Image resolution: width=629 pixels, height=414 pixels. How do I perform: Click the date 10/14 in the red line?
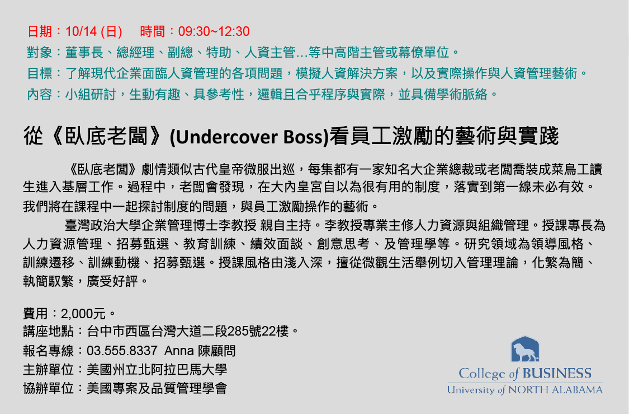[x=81, y=31]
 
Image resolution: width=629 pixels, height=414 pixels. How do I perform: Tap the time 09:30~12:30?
[x=214, y=31]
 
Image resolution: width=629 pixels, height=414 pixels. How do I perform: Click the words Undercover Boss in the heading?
[x=249, y=137]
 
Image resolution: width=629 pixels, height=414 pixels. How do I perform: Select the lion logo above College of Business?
[x=525, y=349]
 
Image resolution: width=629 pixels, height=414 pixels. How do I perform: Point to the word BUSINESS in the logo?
[x=557, y=374]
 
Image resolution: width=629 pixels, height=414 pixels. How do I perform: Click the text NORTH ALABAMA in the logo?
[x=555, y=390]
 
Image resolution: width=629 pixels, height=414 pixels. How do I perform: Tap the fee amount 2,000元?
[x=83, y=314]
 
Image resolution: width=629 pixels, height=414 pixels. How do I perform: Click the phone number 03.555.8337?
[x=122, y=351]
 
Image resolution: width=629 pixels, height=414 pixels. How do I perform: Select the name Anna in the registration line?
[x=179, y=351]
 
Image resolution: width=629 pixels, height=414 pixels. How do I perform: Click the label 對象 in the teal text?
[x=40, y=52]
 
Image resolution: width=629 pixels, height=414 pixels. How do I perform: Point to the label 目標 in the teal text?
[x=40, y=73]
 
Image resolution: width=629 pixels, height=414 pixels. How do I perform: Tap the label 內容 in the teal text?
[x=40, y=95]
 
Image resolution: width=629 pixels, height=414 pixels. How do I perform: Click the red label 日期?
[x=40, y=31]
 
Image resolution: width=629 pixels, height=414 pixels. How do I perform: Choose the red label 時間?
[x=153, y=31]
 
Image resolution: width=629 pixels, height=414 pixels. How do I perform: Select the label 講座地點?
[x=48, y=331]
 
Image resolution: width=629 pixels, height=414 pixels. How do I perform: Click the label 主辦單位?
[x=48, y=369]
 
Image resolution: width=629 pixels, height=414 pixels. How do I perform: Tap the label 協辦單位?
[x=48, y=388]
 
